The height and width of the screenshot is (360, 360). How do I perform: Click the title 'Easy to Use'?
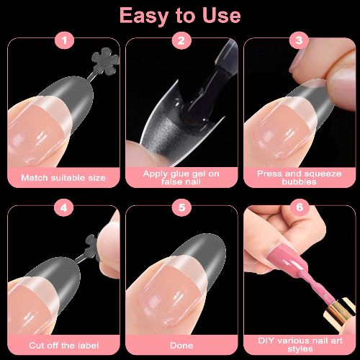click(179, 14)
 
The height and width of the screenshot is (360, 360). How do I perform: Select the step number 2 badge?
click(181, 41)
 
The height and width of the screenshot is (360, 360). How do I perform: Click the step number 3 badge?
click(299, 41)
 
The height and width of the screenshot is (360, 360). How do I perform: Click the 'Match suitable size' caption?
click(63, 177)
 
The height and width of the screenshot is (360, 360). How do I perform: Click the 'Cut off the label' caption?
click(63, 345)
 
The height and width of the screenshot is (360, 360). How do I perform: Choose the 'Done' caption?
click(181, 345)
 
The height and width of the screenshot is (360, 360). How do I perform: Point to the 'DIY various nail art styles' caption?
click(299, 343)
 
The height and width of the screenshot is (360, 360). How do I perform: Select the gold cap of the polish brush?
click(338, 317)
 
